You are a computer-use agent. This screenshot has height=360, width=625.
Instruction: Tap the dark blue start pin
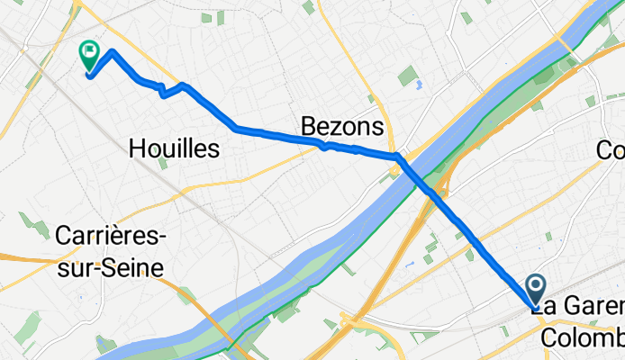(x=535, y=288)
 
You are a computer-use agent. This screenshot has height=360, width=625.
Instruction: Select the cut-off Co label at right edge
(x=611, y=150)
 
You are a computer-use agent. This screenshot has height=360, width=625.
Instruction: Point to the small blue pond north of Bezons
(x=420, y=88)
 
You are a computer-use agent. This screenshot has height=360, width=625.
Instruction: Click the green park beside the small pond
(x=408, y=76)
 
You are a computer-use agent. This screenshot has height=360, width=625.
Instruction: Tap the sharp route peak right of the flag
(x=112, y=51)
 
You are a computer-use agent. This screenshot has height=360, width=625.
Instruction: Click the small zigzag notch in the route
(x=163, y=92)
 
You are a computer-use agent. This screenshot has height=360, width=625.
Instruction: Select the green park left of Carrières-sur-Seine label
(x=36, y=225)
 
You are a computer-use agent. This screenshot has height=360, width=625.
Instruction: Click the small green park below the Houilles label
(x=162, y=164)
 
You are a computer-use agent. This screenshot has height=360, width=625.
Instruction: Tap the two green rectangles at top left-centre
(x=213, y=16)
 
